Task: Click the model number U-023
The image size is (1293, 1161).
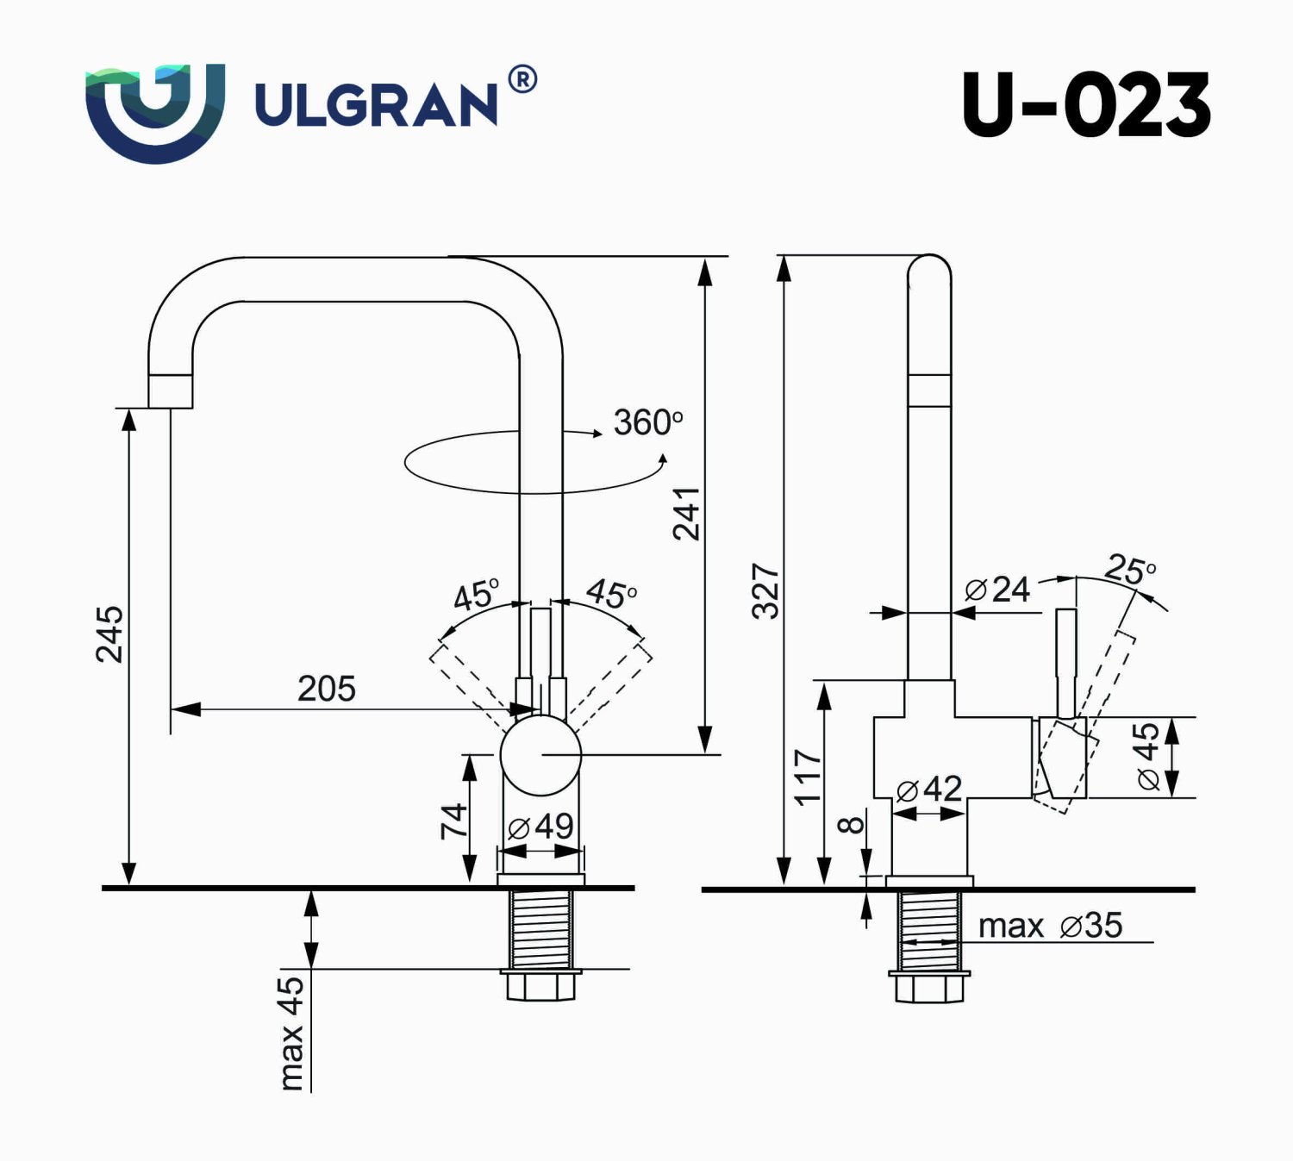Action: click(1085, 105)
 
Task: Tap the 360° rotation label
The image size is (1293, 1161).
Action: click(647, 422)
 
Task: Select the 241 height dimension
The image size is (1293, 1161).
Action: click(687, 514)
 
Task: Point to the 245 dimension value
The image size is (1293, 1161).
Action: click(109, 634)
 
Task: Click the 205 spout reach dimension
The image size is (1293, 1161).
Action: click(326, 689)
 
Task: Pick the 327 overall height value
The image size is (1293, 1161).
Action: click(765, 591)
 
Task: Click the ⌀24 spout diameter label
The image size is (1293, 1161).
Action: click(997, 590)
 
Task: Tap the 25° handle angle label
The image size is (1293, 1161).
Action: click(1129, 569)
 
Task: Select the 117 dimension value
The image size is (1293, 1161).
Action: click(808, 777)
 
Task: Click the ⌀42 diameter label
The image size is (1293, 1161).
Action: click(928, 789)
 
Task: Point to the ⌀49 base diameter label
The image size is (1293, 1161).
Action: click(540, 827)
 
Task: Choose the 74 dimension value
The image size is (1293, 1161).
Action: click(453, 820)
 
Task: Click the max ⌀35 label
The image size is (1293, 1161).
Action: click(1050, 926)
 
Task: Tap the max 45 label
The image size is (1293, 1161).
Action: click(291, 1032)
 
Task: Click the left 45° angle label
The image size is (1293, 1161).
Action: click(475, 595)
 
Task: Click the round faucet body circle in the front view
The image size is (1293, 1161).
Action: click(541, 755)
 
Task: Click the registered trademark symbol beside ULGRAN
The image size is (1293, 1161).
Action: click(522, 80)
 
